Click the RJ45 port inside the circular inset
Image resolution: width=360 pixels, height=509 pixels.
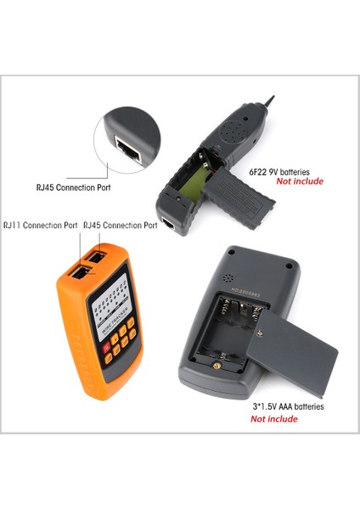130,149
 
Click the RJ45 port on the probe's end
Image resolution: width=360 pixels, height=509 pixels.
170,226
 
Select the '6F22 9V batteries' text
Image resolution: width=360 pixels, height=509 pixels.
285,171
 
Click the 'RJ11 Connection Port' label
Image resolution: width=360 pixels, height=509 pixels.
40,226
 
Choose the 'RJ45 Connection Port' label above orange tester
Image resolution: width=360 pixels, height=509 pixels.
120,226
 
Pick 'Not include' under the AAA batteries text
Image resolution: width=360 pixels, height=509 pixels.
274,419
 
